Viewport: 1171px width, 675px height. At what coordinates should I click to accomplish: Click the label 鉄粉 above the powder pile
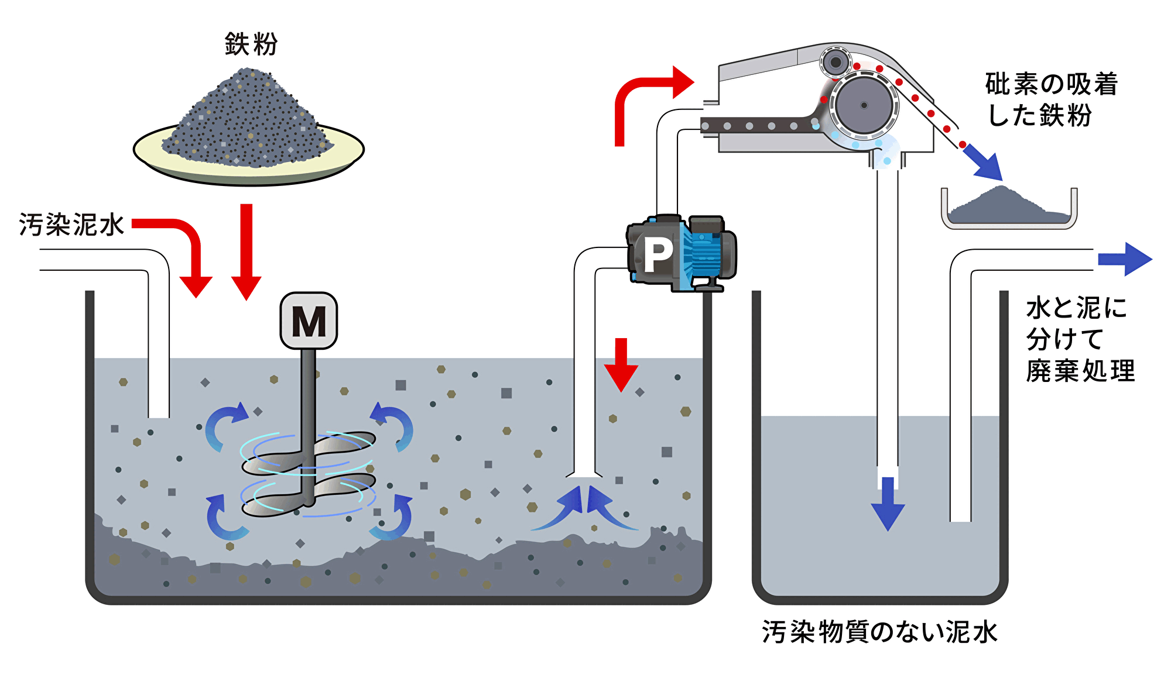251,44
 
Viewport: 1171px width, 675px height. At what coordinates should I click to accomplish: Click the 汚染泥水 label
71,225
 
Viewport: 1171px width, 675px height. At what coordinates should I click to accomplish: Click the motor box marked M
309,321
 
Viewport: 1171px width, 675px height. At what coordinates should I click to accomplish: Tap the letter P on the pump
658,255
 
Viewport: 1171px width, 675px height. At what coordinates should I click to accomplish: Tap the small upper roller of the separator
836,62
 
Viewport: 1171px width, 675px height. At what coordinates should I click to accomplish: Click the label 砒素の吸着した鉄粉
1051,99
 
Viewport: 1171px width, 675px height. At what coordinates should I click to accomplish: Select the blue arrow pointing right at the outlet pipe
1124,259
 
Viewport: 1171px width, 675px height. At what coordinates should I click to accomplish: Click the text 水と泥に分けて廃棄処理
1080,339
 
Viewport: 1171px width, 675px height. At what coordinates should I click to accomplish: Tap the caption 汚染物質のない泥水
879,632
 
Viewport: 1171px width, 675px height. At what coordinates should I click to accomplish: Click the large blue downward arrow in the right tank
888,503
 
